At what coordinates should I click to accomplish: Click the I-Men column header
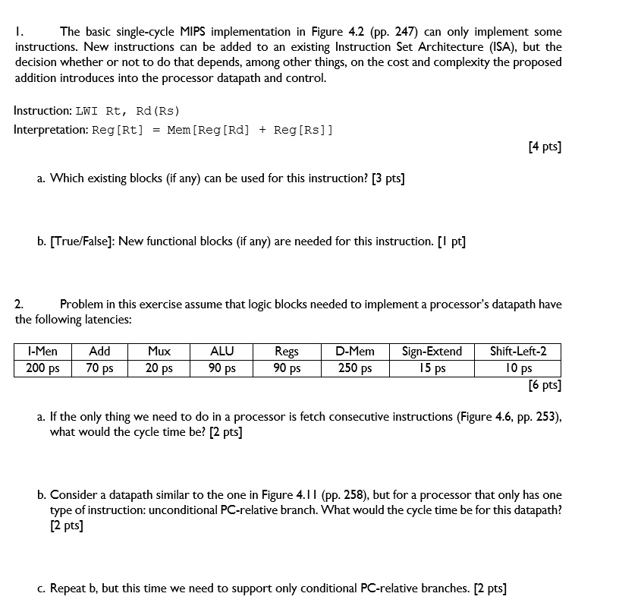pyautogui.click(x=42, y=351)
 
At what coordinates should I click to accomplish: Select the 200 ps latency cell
pyautogui.click(x=42, y=368)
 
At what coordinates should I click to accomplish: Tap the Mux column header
pyautogui.click(x=159, y=351)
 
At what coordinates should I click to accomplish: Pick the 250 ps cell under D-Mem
pyautogui.click(x=355, y=368)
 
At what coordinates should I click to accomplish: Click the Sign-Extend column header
pyautogui.click(x=432, y=351)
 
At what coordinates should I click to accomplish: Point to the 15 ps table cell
pyautogui.click(x=432, y=368)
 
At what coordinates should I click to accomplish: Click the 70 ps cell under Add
pyautogui.click(x=99, y=368)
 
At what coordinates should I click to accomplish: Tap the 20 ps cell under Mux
pyautogui.click(x=159, y=368)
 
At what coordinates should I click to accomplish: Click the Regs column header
pyautogui.click(x=286, y=351)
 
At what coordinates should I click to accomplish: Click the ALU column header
pyautogui.click(x=222, y=351)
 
